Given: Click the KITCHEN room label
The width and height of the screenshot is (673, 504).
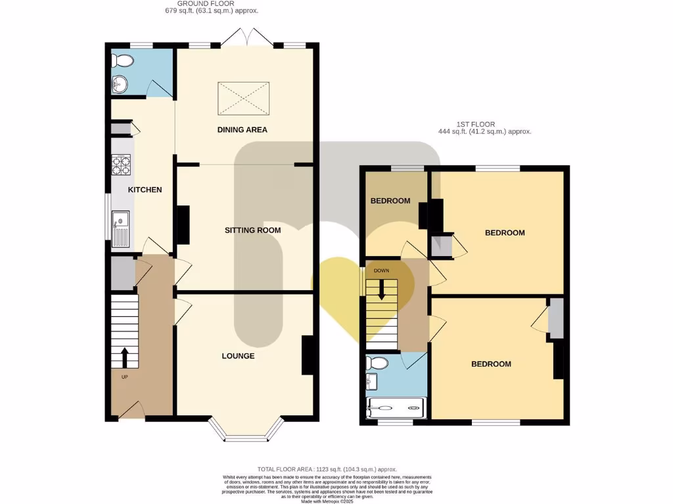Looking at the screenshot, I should (145, 190).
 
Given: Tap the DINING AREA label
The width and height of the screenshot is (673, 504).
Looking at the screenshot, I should (243, 130).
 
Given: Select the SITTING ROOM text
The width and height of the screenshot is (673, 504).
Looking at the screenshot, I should (252, 230).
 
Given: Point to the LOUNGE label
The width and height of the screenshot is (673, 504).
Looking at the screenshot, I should (238, 356).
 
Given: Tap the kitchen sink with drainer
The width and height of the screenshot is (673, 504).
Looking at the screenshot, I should (121, 228).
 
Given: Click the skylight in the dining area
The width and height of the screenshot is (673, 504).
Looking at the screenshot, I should (243, 98).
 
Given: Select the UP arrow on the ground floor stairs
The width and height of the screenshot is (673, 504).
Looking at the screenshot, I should (124, 358).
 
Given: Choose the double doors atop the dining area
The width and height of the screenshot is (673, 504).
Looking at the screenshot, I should (246, 37).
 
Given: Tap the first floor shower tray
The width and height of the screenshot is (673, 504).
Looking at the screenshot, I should (396, 408).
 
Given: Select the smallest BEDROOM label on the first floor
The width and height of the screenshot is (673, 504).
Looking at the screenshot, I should (390, 201).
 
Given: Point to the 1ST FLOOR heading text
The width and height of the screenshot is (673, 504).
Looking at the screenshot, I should (476, 124).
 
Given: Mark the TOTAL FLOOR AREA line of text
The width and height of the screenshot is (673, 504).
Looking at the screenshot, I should (327, 469).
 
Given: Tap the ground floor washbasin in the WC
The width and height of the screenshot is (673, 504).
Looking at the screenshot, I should (120, 84).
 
